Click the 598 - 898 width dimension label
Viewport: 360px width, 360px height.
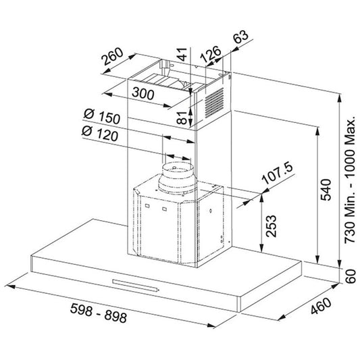[99, 313]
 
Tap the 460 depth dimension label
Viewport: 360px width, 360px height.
[321, 306]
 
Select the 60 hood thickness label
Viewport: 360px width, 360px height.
[351, 276]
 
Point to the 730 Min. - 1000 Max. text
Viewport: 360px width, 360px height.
[351, 181]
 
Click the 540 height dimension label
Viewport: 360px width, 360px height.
[326, 190]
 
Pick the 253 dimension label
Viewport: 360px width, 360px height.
[271, 226]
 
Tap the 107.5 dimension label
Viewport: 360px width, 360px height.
[278, 173]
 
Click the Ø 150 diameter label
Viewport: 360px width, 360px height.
[102, 116]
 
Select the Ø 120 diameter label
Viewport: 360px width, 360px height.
[100, 133]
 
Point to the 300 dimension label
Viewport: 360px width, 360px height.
[143, 93]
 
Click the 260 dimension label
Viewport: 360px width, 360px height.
[112, 56]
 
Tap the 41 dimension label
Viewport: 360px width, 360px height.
[182, 54]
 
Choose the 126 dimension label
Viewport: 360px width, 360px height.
[210, 55]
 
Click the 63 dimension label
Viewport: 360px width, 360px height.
[241, 36]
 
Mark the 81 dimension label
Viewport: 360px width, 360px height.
[182, 118]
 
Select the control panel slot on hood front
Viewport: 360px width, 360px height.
[135, 286]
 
